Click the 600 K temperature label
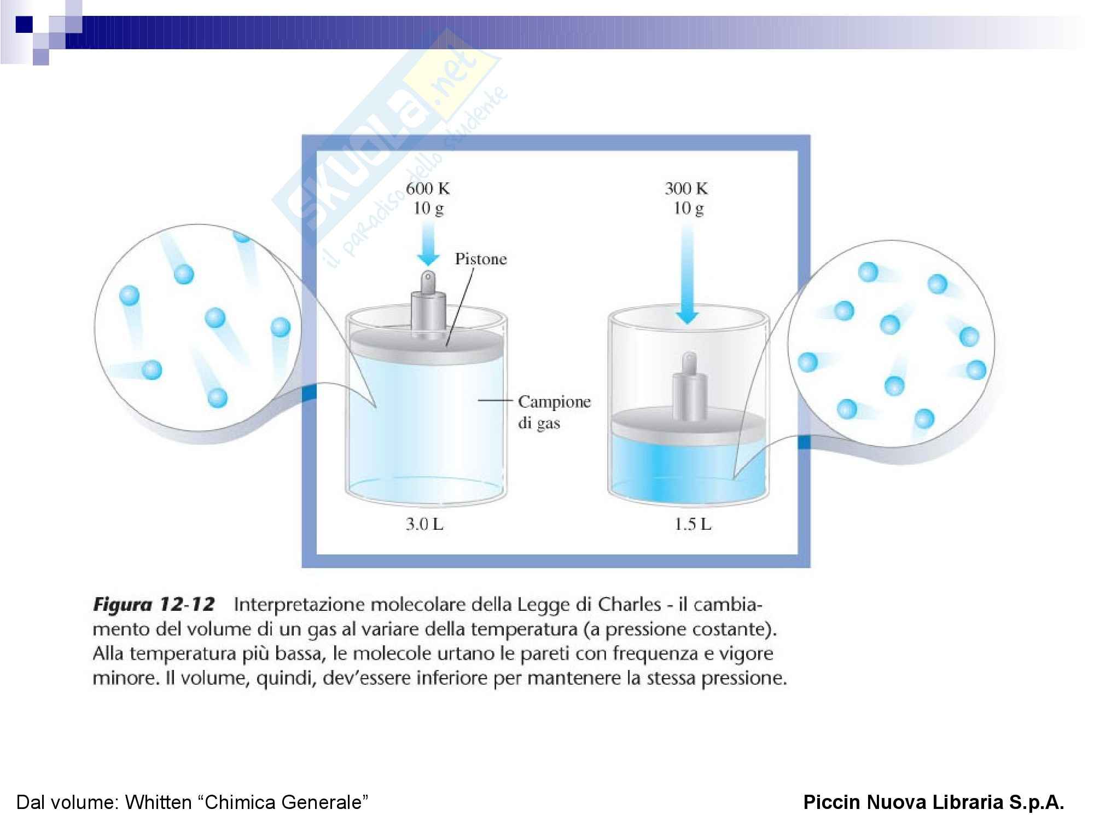tap(428, 188)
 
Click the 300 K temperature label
tap(686, 188)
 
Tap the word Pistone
tap(481, 259)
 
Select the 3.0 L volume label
tap(424, 524)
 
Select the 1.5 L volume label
tap(693, 524)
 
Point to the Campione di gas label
tap(554, 412)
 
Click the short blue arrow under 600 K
tap(428, 245)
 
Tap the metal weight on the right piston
tap(689, 387)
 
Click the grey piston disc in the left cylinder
tap(426, 345)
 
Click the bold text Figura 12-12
tap(154, 604)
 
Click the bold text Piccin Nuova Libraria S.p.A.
tap(934, 802)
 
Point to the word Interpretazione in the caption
tap(300, 605)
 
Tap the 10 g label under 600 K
tap(428, 209)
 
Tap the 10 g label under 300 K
tap(688, 209)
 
